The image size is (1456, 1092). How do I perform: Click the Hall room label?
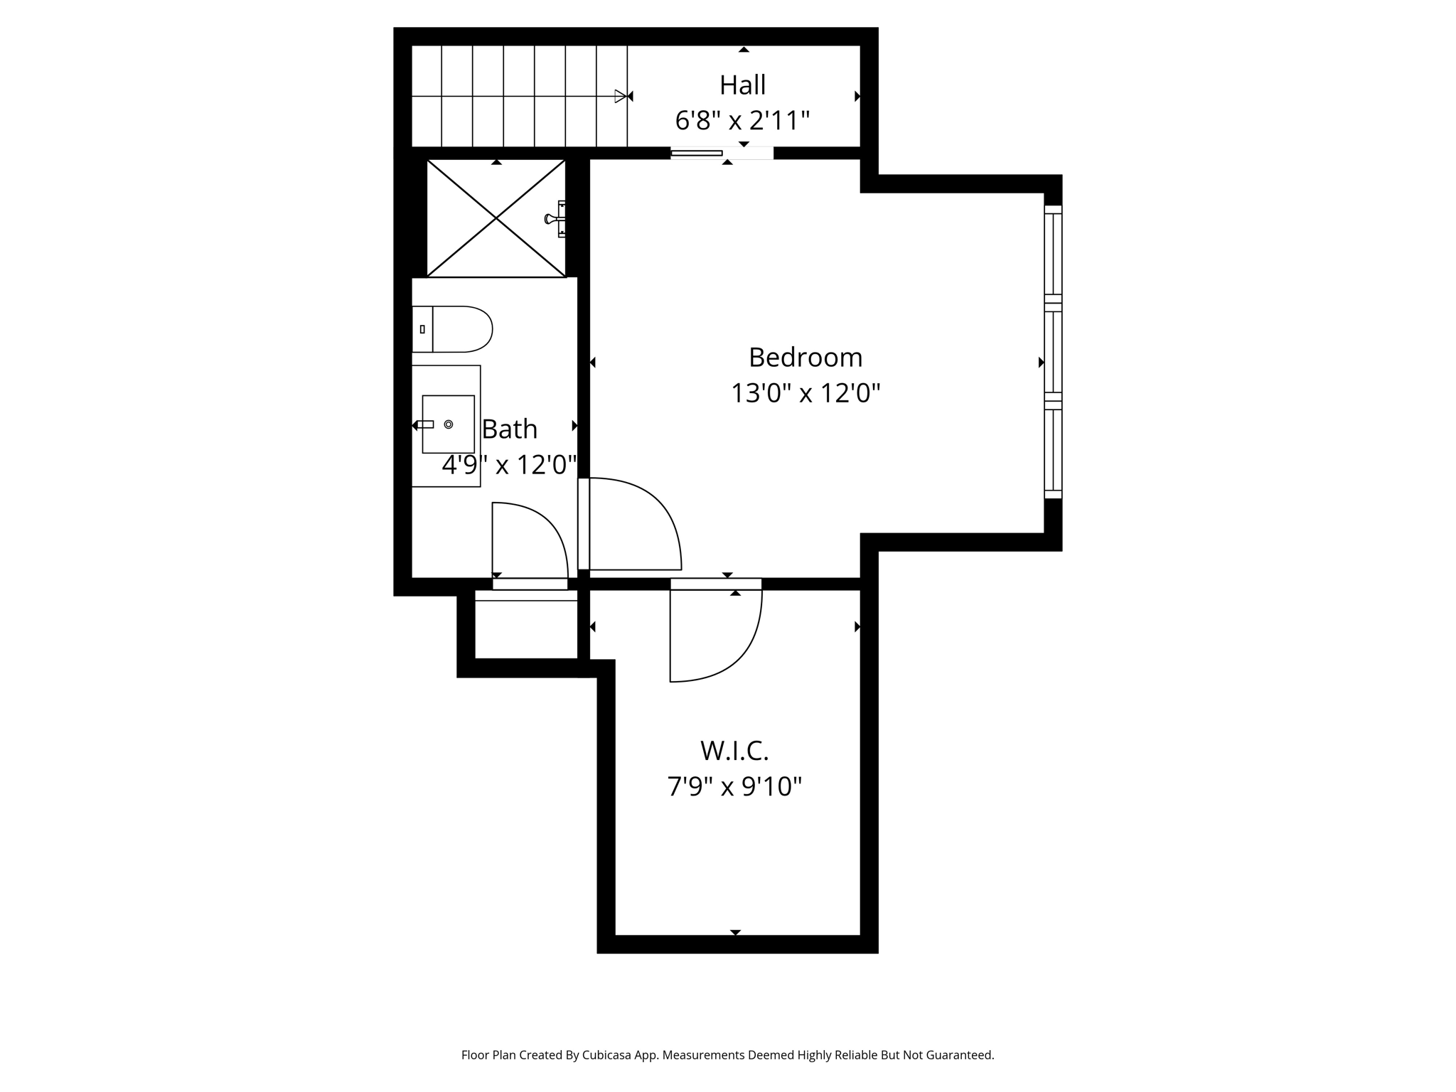(742, 85)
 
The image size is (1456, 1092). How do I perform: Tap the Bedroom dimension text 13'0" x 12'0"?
(805, 393)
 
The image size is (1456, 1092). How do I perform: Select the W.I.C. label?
(734, 751)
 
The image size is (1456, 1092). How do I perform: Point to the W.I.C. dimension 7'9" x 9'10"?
(734, 787)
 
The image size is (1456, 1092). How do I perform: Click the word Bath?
(509, 429)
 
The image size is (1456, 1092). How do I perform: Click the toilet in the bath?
(455, 329)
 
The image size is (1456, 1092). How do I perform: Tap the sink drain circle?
(449, 424)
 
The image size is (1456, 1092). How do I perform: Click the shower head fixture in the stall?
(554, 218)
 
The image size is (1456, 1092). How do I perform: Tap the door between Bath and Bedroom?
(629, 526)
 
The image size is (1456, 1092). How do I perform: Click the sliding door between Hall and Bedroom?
(697, 153)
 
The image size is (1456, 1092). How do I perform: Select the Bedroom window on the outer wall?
(1053, 352)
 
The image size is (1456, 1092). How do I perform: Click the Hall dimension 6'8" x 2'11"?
(742, 121)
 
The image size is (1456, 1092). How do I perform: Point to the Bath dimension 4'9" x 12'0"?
(509, 466)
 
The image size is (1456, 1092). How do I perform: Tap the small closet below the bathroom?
(526, 629)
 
